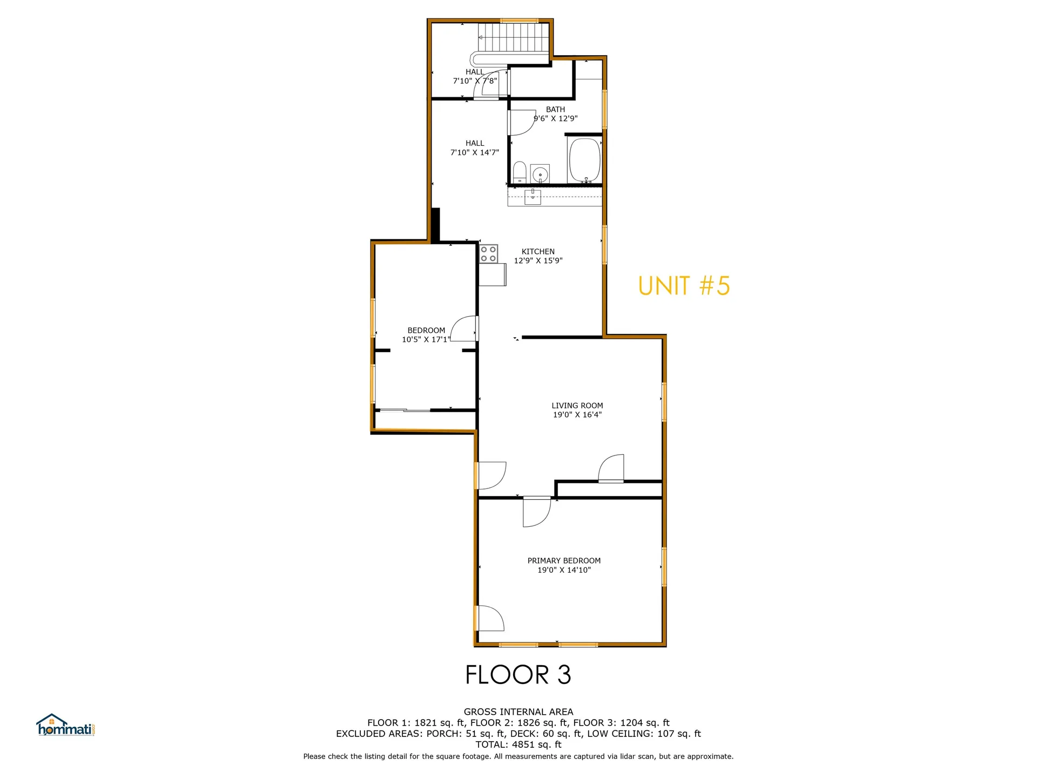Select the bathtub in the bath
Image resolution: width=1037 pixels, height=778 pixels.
coord(585,160)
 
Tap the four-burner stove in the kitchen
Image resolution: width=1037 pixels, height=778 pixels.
coord(489,254)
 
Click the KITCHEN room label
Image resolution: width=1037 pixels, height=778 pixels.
coord(538,251)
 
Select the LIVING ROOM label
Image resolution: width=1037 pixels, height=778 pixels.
coord(577,405)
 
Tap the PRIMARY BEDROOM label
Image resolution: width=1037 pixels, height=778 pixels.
coord(564,561)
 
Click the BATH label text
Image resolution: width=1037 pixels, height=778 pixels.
coord(555,109)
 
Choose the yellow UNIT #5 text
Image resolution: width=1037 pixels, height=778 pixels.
coord(684,286)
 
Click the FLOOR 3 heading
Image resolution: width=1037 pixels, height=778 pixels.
coord(518,674)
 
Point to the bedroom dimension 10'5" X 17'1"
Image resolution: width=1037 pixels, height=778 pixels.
coord(426,339)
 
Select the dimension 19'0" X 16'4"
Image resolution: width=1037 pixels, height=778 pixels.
coord(577,414)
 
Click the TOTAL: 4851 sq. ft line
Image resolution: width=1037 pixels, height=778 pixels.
coord(518,745)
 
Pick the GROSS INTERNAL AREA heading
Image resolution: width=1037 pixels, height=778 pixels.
coord(518,712)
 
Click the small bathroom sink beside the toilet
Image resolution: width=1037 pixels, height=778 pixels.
coord(540,174)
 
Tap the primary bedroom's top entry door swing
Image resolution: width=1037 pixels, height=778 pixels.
coord(536,511)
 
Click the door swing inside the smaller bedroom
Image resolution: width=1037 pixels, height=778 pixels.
coord(464,328)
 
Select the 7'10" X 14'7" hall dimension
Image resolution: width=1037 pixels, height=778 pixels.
coord(475,152)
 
